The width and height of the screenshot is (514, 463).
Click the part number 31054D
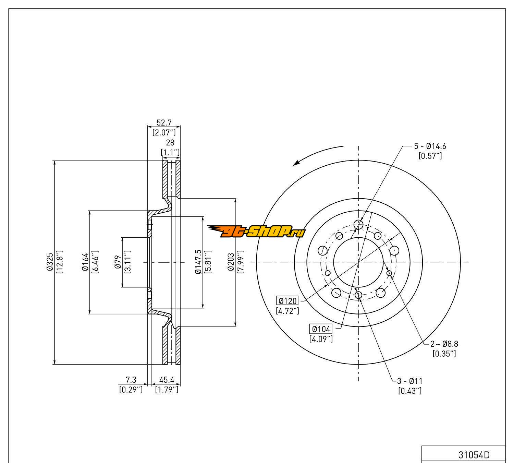[x=474, y=455]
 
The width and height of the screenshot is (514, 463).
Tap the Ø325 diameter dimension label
[x=50, y=262]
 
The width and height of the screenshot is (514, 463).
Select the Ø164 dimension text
[x=85, y=262]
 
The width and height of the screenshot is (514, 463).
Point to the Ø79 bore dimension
[x=118, y=262]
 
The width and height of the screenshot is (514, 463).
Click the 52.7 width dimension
[x=164, y=122]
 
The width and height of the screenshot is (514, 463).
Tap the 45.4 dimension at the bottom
[x=167, y=380]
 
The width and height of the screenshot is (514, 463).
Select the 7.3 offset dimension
[x=131, y=380]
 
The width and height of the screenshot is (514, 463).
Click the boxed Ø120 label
[x=287, y=301]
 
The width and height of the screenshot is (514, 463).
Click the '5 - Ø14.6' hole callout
[x=430, y=146]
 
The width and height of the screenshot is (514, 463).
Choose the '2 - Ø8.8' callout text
[x=444, y=343]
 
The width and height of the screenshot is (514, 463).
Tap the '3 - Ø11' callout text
[x=409, y=381]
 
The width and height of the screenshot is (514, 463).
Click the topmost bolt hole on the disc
[x=358, y=225]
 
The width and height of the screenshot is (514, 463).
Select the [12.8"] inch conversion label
[x=60, y=262]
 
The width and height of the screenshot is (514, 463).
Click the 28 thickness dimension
[x=170, y=142]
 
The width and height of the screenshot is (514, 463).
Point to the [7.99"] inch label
[x=241, y=262]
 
